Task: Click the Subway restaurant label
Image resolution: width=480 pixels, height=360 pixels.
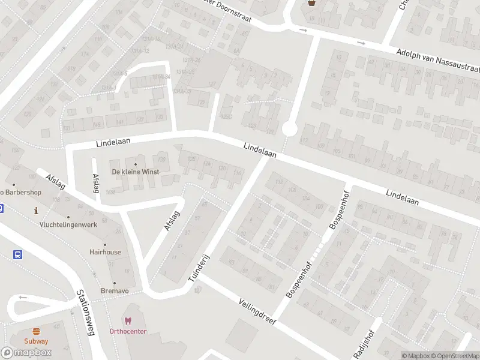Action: coord(37,341)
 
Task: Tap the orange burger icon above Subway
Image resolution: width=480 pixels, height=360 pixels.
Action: coord(37,331)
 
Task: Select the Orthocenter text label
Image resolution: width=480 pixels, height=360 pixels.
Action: coord(128,331)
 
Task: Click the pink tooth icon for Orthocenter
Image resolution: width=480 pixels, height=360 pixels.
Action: coord(127,321)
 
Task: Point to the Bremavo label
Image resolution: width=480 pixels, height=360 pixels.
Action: coord(114,291)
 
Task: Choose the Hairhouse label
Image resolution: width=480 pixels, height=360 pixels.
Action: coord(105,252)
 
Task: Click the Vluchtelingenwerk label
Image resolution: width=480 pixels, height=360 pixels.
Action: coord(68,224)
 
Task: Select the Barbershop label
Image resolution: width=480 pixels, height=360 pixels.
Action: coord(21,193)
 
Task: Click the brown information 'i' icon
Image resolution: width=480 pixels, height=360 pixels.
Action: coord(37,211)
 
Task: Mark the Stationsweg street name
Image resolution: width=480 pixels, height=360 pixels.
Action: coord(86,313)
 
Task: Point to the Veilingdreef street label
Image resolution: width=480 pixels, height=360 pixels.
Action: coord(256,311)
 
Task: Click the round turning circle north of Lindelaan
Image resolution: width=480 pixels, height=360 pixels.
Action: coord(290,129)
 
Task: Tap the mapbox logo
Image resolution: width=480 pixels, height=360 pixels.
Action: coord(26,352)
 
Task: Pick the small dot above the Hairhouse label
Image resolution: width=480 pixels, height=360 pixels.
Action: coord(105,244)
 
